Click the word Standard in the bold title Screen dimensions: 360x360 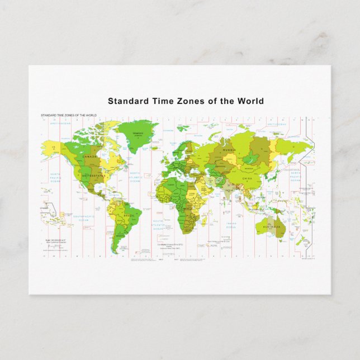(x=126, y=101)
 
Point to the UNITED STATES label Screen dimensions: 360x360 (x=93, y=176)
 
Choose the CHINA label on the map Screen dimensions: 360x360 (x=247, y=179)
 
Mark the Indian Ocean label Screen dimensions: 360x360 (x=231, y=225)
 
